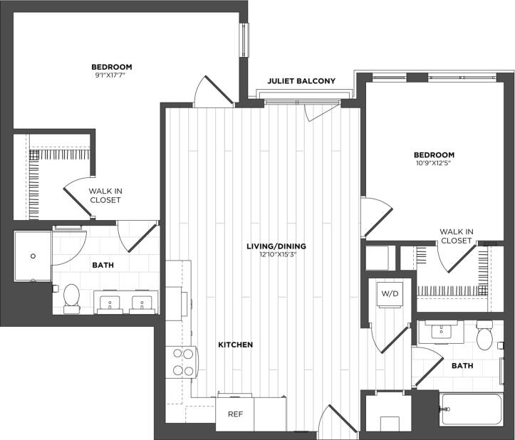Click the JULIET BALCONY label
click(x=301, y=81)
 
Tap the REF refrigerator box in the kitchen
click(x=234, y=414)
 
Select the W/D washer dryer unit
click(x=390, y=293)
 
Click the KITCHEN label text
click(x=236, y=345)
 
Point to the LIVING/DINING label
click(x=269, y=246)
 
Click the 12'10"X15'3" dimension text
click(x=269, y=255)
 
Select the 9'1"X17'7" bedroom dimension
click(x=112, y=75)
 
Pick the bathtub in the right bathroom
click(x=471, y=412)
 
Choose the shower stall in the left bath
click(x=32, y=256)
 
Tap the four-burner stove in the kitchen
click(x=179, y=361)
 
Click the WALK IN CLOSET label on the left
click(x=105, y=196)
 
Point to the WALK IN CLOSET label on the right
click(x=456, y=236)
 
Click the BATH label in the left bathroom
click(x=103, y=265)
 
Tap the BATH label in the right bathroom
click(x=463, y=366)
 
